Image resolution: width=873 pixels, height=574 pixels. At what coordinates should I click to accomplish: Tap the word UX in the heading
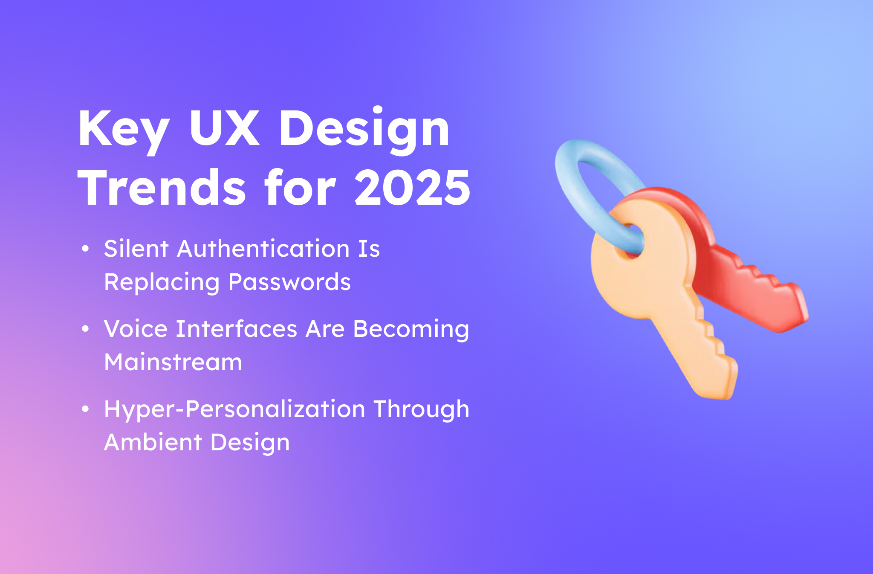coord(224,128)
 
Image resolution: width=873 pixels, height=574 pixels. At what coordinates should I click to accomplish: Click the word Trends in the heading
coord(162,188)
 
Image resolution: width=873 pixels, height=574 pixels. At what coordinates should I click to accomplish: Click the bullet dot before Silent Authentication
coord(85,248)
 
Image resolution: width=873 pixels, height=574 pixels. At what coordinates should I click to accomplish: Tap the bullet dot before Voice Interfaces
coord(85,329)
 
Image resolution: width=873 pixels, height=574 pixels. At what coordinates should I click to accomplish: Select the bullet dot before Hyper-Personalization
coord(85,409)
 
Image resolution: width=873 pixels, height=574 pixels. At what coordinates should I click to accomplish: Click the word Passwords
coord(289,282)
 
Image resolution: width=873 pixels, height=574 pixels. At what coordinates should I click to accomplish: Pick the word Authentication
coord(263,248)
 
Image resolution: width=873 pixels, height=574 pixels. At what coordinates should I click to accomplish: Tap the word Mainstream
coord(173,362)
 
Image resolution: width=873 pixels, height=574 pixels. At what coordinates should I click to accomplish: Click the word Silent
coord(136,248)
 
